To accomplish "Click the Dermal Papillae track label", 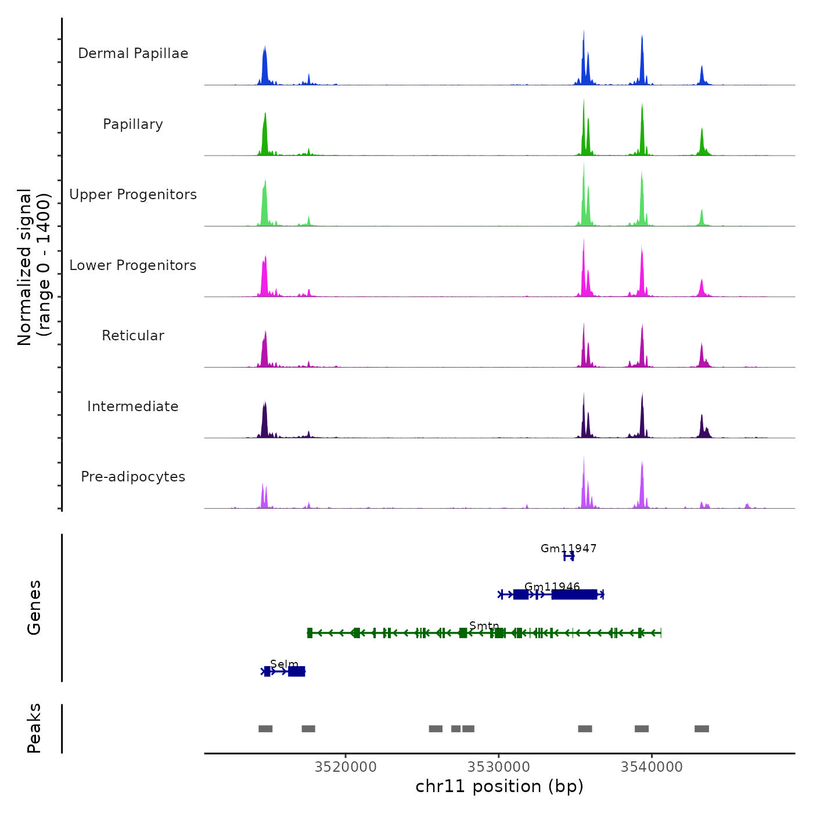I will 133,53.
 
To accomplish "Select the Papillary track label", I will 133,124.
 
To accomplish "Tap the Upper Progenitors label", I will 133,195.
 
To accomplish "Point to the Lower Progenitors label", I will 133,265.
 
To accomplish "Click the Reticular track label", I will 133,336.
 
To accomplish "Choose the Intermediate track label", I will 133,406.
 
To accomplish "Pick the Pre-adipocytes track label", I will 133,477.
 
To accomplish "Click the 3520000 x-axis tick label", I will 346,767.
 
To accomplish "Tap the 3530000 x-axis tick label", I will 499,767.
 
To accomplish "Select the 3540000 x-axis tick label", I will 652,767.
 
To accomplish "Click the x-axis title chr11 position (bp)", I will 499,786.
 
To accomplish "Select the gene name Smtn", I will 484,625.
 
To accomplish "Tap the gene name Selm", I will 284,664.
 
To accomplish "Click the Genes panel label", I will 34,607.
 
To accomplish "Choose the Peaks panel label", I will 34,728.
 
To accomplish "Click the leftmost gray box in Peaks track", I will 265,729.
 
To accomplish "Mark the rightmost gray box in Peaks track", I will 702,729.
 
